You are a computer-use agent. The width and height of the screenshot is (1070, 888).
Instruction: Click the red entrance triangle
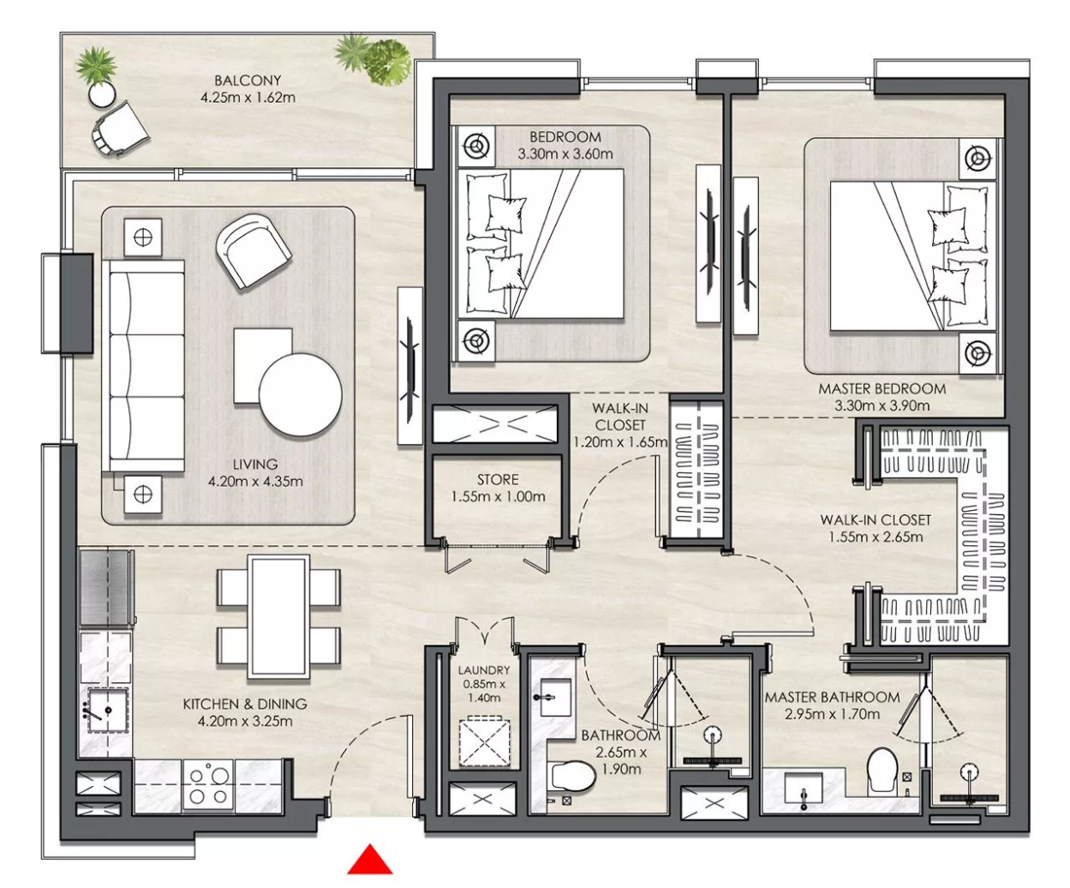click(369, 860)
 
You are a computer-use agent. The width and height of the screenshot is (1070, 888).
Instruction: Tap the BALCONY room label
click(248, 81)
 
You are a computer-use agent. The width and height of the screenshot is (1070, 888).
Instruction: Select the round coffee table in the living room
click(301, 395)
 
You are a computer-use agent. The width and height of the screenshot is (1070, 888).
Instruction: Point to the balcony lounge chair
click(120, 128)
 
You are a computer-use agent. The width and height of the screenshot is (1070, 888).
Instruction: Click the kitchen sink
click(106, 711)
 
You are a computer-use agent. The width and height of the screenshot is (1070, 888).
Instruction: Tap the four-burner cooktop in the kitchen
click(208, 786)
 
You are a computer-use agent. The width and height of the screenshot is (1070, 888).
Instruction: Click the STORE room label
click(498, 480)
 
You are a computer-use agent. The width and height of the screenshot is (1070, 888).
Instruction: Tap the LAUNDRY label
click(484, 670)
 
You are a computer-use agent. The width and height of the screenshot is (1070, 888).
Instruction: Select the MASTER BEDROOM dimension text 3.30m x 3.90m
click(882, 405)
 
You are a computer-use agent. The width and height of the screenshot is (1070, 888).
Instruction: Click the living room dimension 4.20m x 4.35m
click(255, 482)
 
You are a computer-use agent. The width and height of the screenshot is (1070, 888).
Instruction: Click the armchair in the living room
click(254, 250)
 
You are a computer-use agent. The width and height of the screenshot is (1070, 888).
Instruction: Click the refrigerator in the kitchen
click(105, 587)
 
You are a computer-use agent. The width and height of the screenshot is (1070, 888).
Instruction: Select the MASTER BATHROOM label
click(832, 697)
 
